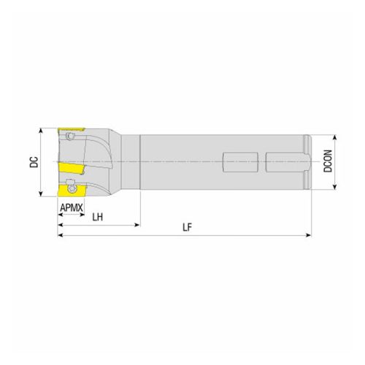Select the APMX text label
point(71,210)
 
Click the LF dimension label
point(187,228)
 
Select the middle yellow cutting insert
point(69,169)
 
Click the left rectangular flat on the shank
point(240,161)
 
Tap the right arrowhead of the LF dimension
point(309,236)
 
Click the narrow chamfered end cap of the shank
point(309,162)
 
